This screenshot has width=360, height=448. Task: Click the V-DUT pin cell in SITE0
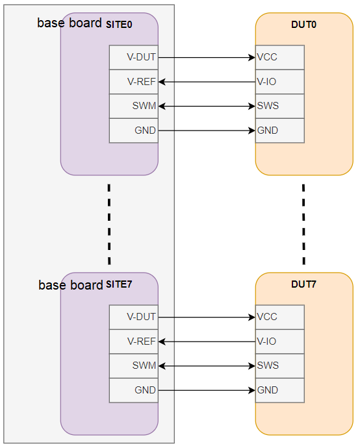pos(134,57)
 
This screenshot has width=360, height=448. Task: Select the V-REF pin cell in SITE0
pos(134,82)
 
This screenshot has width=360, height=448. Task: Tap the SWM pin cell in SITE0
pos(134,106)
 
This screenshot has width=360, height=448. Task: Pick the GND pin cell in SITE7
pos(134,390)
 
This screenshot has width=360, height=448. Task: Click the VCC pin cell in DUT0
pos(279,57)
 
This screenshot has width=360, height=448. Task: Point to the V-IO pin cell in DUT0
pos(279,82)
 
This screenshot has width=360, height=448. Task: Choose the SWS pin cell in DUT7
pos(279,366)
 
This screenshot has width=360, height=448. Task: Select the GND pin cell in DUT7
pos(279,390)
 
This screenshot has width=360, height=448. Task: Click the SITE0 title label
pos(119,25)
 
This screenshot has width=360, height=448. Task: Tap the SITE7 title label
pos(119,284)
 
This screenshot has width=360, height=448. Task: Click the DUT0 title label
pos(304,25)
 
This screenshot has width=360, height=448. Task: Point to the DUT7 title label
pos(304,284)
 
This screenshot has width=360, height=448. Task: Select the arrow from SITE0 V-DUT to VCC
pos(207,57)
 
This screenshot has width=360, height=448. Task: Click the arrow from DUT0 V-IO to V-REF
pos(207,82)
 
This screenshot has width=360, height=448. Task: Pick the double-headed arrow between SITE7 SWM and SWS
pos(207,366)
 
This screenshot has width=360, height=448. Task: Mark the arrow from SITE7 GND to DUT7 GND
pos(207,390)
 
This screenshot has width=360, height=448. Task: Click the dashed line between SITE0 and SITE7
pos(109,224)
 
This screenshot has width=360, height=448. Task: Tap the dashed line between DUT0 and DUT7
pos(303,224)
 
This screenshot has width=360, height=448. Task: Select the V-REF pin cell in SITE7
pos(134,342)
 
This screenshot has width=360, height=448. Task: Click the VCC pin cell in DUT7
pos(279,317)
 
